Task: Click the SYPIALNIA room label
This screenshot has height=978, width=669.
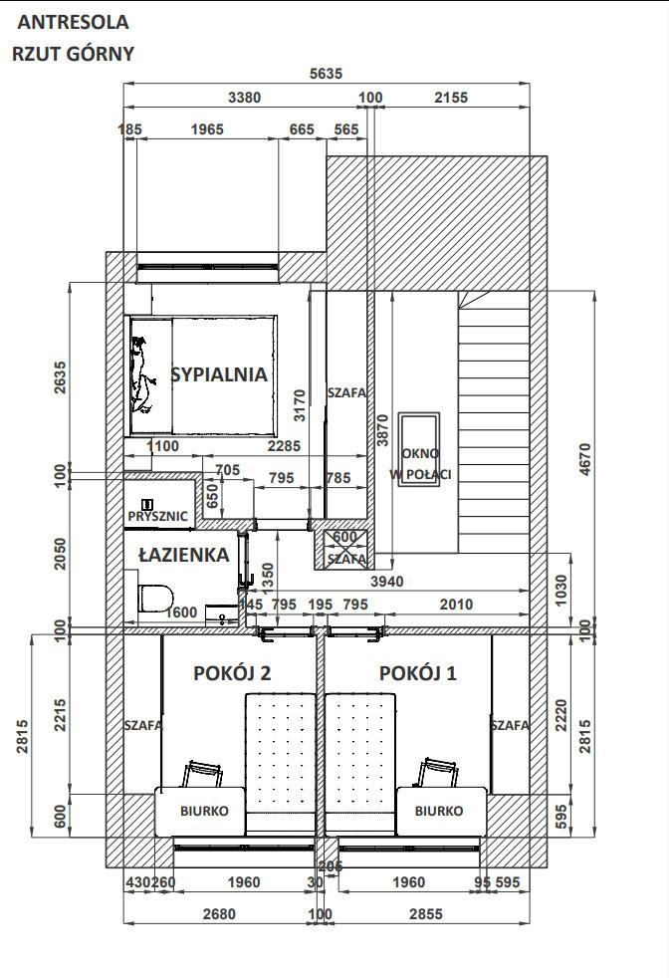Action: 219,374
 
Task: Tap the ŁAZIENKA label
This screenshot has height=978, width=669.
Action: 184,555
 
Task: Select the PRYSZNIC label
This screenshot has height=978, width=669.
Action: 157,517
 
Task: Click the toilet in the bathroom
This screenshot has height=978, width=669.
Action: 155,599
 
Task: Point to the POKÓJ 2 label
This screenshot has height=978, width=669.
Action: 232,673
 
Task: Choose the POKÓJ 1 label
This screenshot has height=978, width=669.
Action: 418,673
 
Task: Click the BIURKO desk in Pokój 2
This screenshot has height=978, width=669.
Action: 200,811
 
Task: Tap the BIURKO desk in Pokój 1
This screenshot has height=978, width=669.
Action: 441,811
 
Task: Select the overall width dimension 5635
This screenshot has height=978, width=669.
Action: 327,74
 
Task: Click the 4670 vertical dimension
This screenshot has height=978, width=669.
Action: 584,460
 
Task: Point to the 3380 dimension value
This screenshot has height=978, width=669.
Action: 245,98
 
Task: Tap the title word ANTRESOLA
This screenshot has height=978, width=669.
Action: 73,22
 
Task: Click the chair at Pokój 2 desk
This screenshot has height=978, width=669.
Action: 203,774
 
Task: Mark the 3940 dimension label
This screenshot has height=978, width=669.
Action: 386,582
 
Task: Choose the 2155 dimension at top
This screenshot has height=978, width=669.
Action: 451,98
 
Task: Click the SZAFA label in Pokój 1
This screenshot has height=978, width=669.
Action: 510,725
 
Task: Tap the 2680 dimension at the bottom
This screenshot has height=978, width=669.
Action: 219,914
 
